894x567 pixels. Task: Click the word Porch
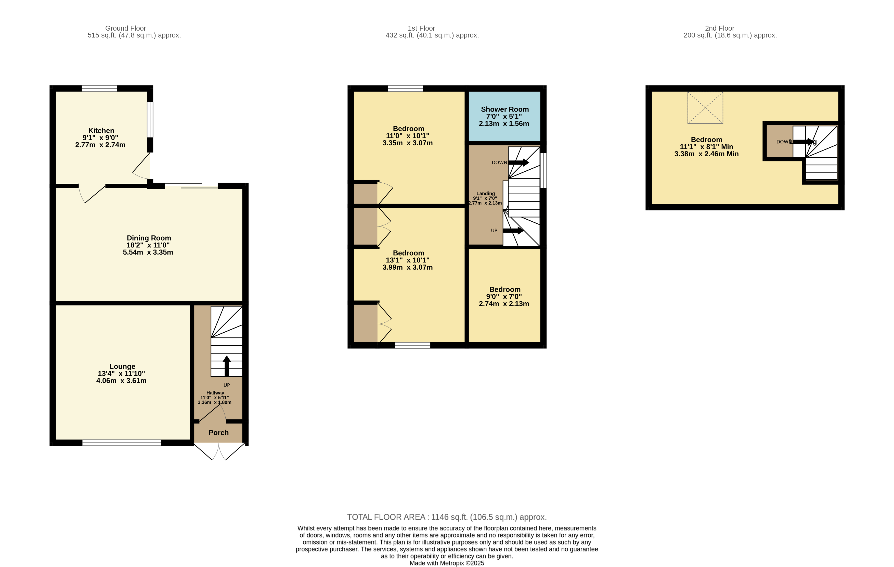tap(218, 433)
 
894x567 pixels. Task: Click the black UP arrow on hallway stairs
tap(226, 366)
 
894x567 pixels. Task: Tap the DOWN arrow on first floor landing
tap(518, 162)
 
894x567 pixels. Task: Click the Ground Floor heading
tap(125, 28)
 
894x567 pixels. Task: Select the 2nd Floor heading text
tap(719, 28)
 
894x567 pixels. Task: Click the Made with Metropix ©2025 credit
tap(447, 563)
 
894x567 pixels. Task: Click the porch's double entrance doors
tap(219, 452)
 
